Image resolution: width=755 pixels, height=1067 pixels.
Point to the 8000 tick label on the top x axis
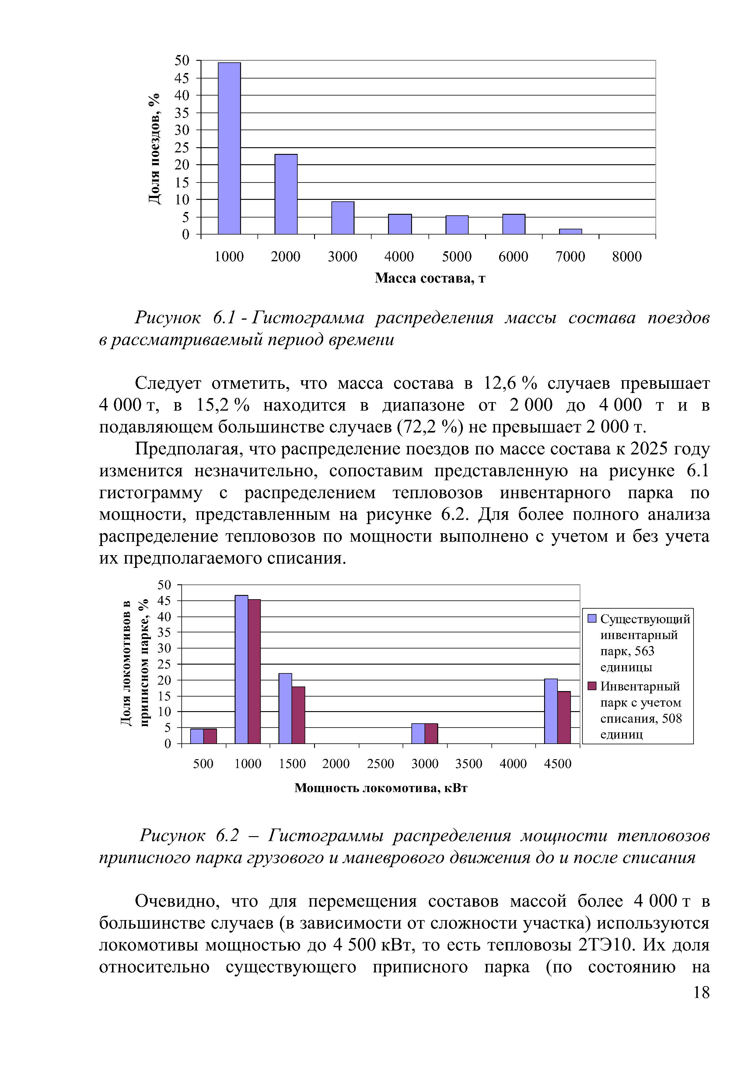point(627,256)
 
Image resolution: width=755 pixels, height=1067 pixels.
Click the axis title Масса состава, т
point(430,278)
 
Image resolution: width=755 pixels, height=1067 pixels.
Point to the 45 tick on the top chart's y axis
point(182,78)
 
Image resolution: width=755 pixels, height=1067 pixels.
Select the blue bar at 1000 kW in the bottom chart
point(241,669)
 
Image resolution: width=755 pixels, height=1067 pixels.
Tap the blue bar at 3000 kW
point(418,733)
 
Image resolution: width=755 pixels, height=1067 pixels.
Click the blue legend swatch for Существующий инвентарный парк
point(592,619)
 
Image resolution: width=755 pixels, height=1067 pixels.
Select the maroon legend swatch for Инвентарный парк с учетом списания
point(592,686)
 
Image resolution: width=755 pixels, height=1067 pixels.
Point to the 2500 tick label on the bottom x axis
point(380,764)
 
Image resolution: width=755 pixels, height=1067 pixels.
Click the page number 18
point(701,993)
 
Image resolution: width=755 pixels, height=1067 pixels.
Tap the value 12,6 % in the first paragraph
point(510,383)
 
